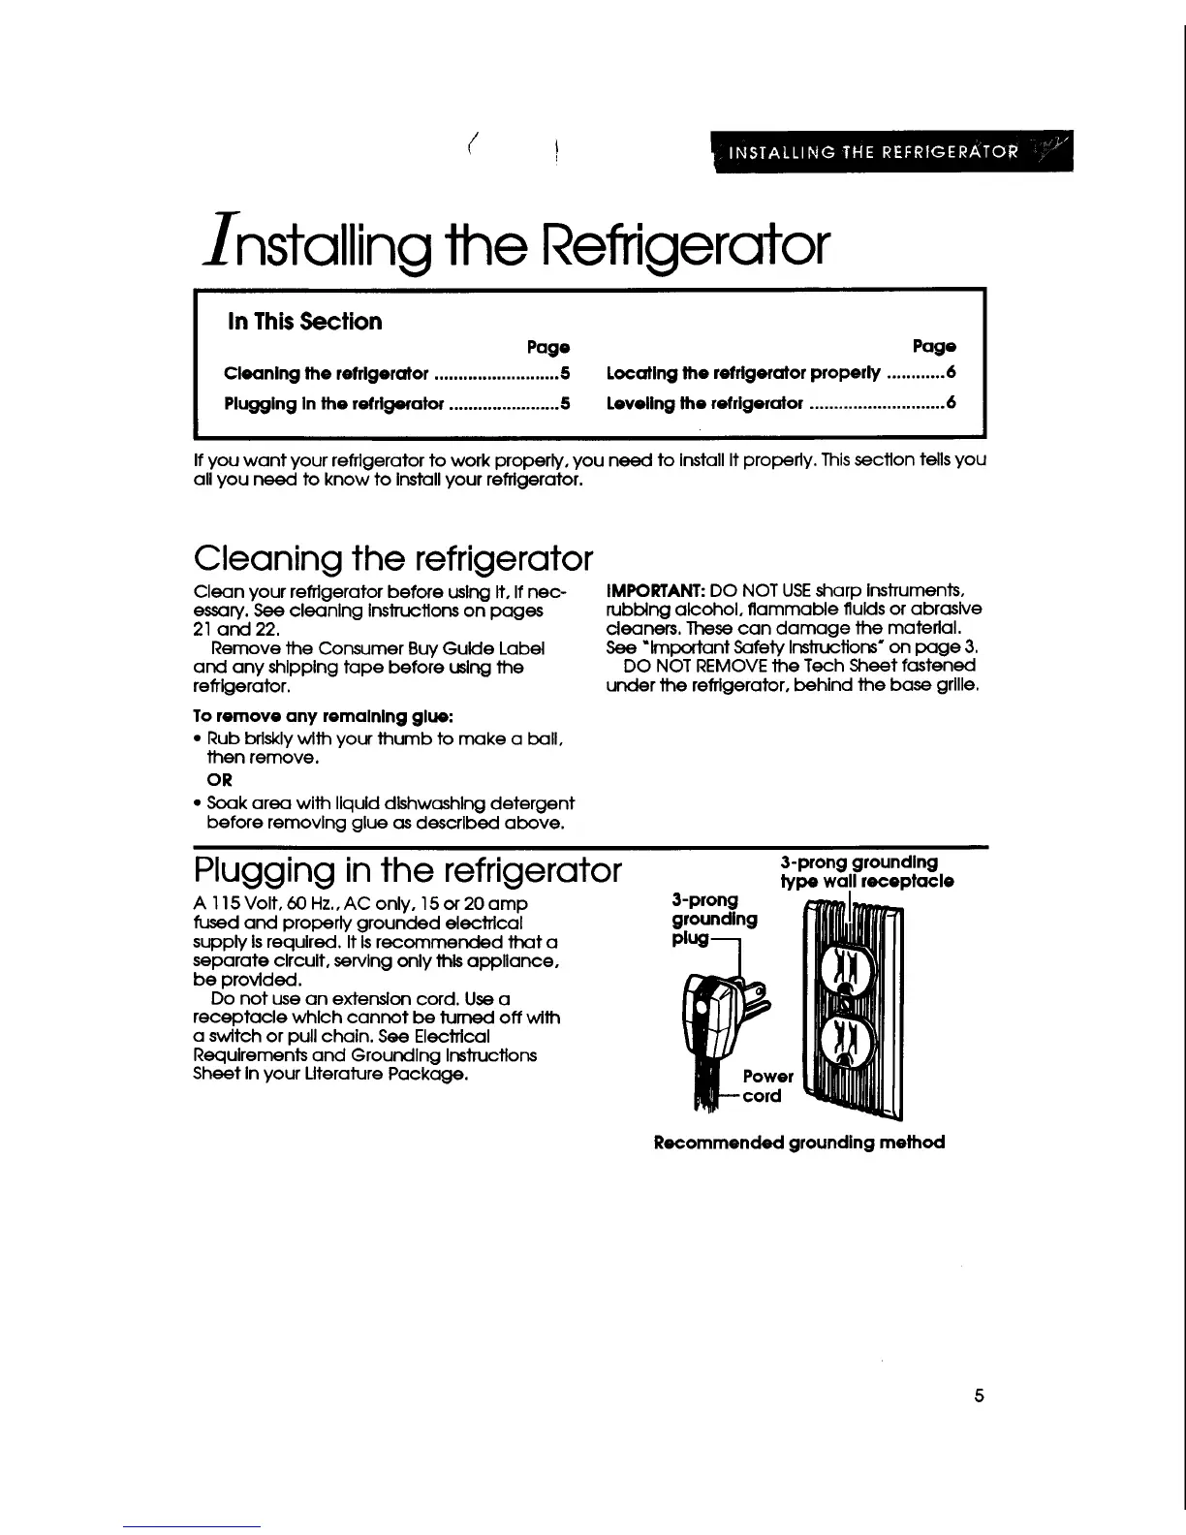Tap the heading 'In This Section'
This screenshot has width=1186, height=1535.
[304, 322]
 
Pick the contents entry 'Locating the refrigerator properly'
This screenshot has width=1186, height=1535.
[742, 373]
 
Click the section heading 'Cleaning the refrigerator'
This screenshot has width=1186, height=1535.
[392, 558]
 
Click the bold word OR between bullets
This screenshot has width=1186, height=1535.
[220, 780]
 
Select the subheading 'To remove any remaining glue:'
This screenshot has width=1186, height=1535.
[311, 716]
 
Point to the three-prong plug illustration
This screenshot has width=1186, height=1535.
[717, 1018]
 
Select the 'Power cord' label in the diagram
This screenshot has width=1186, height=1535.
[766, 1086]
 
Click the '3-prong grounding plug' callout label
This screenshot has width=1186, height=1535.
[713, 920]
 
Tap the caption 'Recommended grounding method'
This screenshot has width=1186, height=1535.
[799, 1143]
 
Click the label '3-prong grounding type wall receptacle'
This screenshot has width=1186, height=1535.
[866, 872]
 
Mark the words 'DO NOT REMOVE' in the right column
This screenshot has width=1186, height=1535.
[682, 666]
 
